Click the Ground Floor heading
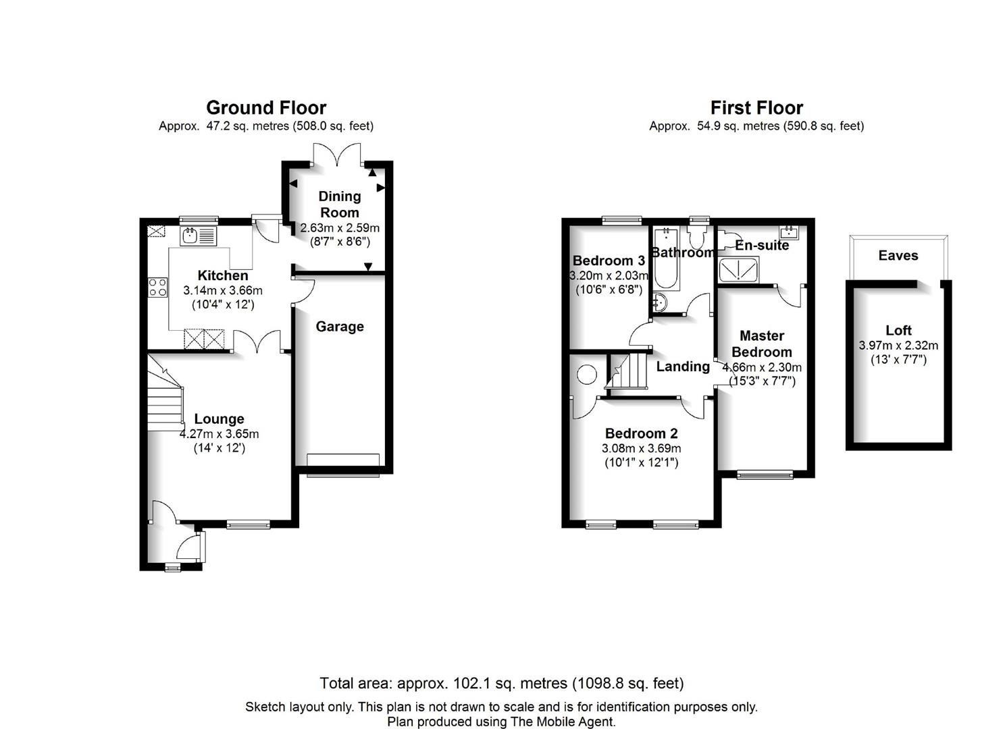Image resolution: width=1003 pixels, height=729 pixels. [266, 108]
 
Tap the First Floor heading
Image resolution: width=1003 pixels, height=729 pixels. [756, 108]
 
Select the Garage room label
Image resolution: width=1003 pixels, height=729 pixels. [340, 327]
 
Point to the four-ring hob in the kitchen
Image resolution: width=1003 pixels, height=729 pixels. [157, 288]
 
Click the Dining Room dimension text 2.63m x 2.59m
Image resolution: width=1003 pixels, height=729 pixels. [340, 227]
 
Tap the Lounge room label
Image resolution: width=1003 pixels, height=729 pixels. [219, 419]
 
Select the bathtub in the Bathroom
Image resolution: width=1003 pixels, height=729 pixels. [667, 258]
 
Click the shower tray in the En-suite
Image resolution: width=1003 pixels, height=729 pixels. [738, 270]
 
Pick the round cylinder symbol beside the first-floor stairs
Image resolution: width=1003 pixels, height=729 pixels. [586, 374]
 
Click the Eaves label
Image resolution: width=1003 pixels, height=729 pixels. [898, 256]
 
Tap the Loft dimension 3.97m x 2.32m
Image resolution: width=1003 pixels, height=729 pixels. [898, 346]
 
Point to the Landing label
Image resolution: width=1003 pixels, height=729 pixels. [683, 367]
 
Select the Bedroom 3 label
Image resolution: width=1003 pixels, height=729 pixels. [609, 261]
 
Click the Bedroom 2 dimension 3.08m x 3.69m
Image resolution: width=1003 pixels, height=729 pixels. [641, 448]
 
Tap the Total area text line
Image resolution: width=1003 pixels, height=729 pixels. [501, 683]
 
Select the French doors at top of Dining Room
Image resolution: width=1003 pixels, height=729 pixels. [337, 155]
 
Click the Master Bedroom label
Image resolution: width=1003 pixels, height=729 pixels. [762, 344]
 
